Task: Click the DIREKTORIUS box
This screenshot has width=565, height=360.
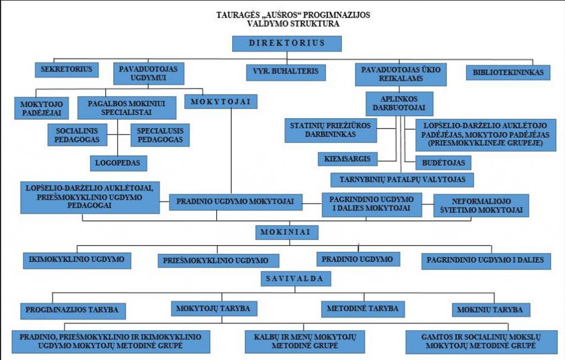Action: [287, 44]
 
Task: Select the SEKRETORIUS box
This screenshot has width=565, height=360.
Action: [67, 70]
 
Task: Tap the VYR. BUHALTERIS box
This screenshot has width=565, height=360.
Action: [286, 72]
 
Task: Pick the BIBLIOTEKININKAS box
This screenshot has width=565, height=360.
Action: [508, 72]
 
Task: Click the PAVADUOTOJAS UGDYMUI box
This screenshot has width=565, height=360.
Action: [148, 73]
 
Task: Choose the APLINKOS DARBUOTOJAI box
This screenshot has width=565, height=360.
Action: [399, 103]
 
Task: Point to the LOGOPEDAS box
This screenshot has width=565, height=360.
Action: [118, 163]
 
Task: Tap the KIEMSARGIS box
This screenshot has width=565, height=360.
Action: [348, 158]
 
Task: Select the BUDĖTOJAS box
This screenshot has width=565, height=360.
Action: [443, 163]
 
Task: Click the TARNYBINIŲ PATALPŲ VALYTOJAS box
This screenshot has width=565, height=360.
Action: [402, 179]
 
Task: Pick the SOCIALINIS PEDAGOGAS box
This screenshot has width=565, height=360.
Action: [77, 135]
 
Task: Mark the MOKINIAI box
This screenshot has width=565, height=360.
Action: [287, 232]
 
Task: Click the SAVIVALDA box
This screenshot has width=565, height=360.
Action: [296, 279]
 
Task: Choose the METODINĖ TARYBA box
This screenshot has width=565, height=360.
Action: [363, 309]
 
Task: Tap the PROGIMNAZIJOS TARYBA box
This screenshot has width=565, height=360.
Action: [73, 310]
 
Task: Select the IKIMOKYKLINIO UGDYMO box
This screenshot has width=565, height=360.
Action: [77, 260]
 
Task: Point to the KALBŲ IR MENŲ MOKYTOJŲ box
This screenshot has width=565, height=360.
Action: [305, 341]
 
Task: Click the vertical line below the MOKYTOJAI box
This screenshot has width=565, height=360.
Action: [231, 151]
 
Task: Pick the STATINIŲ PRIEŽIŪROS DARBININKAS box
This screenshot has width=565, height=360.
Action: [331, 130]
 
